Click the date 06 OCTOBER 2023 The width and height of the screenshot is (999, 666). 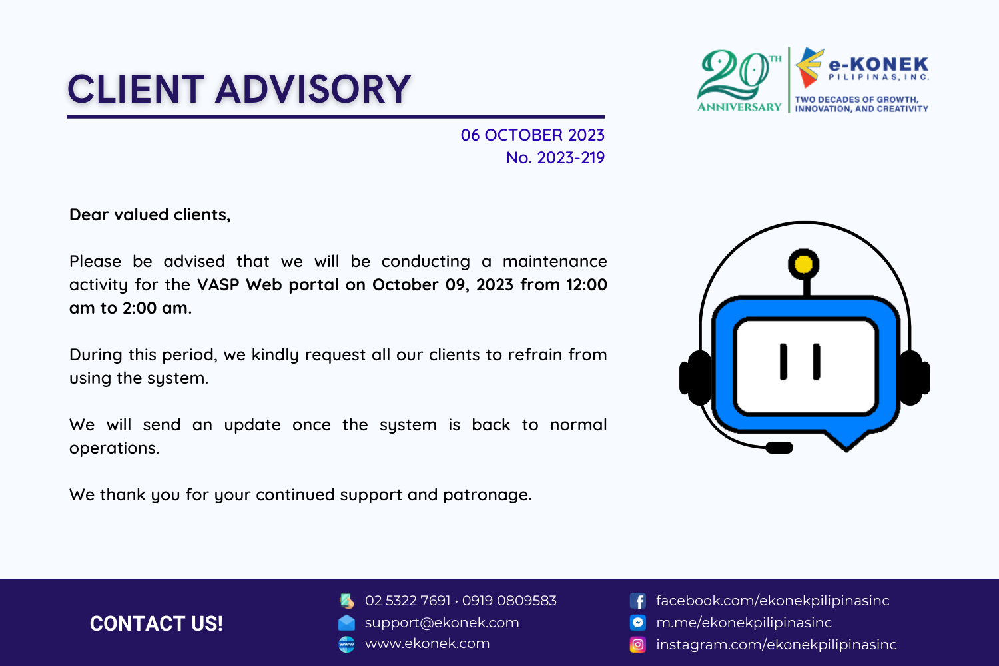(533, 135)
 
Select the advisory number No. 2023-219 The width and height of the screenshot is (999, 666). (555, 157)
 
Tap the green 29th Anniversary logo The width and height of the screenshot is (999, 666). (739, 81)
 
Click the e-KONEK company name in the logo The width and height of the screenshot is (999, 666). (878, 65)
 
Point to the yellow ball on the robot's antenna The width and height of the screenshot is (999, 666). (803, 264)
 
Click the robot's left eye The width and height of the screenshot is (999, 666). (783, 362)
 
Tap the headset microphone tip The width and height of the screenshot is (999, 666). (779, 448)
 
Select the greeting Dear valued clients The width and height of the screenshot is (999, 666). (150, 215)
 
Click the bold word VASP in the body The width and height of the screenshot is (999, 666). (218, 284)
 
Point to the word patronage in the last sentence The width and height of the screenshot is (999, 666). (487, 495)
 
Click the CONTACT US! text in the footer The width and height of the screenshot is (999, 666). (156, 623)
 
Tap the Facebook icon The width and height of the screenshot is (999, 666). (638, 601)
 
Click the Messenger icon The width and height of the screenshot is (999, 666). (638, 622)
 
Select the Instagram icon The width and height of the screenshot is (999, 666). (638, 645)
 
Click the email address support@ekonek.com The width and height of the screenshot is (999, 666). (442, 623)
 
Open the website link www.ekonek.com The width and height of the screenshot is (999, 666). (428, 643)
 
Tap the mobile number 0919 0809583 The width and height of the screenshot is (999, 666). (509, 601)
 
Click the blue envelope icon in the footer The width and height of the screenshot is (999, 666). (346, 623)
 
